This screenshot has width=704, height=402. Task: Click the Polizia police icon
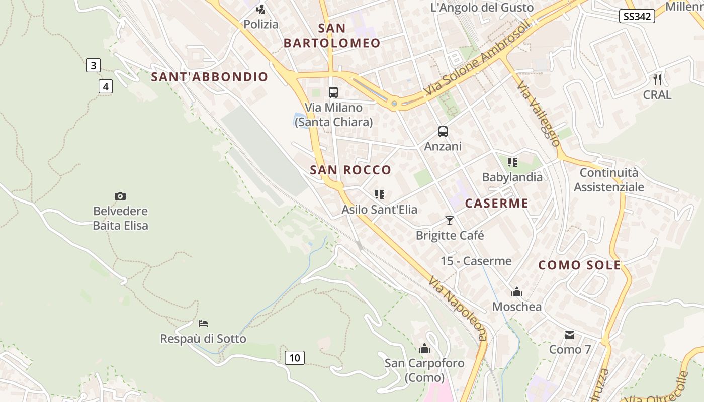pyautogui.click(x=260, y=9)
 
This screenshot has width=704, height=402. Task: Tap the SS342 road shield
pyautogui.click(x=637, y=16)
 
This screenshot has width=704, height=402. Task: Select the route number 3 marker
pyautogui.click(x=94, y=65)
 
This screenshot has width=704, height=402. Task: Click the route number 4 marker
pyautogui.click(x=105, y=87)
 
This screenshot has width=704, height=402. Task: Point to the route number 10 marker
pyautogui.click(x=295, y=358)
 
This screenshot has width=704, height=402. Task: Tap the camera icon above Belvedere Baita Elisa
pyautogui.click(x=120, y=196)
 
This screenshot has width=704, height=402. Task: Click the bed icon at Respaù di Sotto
pyautogui.click(x=203, y=323)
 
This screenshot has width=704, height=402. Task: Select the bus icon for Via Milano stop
pyautogui.click(x=333, y=92)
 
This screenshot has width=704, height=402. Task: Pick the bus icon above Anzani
pyautogui.click(x=443, y=132)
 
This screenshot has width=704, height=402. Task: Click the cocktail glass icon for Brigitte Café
pyautogui.click(x=450, y=221)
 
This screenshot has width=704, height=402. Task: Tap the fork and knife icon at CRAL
pyautogui.click(x=657, y=79)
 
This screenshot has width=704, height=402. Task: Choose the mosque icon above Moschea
pyautogui.click(x=517, y=292)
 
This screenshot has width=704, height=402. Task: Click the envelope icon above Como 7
pyautogui.click(x=570, y=335)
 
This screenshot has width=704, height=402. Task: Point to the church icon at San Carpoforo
pyautogui.click(x=424, y=348)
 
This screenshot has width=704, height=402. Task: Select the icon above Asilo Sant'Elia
pyautogui.click(x=380, y=194)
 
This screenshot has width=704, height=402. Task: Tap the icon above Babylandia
pyautogui.click(x=512, y=162)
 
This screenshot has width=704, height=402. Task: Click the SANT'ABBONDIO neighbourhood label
pyautogui.click(x=210, y=77)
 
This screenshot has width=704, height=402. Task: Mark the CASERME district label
pyautogui.click(x=496, y=203)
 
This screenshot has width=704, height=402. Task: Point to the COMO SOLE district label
pyautogui.click(x=580, y=265)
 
